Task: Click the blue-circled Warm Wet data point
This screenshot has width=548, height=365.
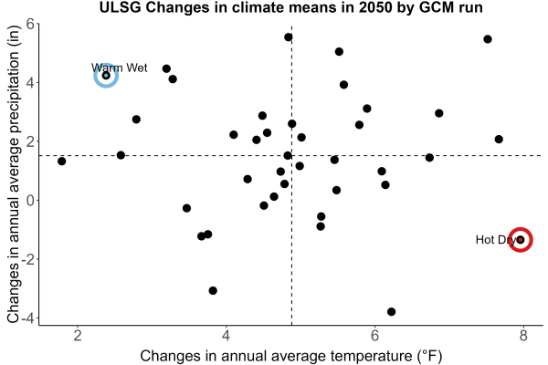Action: click(106, 76)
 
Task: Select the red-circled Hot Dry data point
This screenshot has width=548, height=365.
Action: click(521, 240)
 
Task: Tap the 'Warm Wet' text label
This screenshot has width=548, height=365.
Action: click(119, 68)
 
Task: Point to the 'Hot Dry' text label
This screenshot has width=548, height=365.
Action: click(496, 240)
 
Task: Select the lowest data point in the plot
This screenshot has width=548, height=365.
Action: click(392, 311)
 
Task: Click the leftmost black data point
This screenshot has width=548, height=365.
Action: click(62, 161)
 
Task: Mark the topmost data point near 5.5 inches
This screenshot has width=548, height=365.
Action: click(289, 37)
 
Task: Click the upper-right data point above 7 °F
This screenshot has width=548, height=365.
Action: click(488, 39)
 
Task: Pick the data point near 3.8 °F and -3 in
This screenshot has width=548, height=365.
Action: click(213, 290)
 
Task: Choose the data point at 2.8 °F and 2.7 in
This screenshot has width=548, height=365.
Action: click(136, 120)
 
